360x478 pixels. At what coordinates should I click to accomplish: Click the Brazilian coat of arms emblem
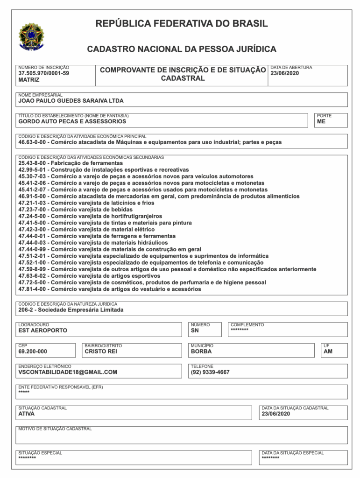31,36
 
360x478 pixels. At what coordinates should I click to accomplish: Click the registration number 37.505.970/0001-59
43,73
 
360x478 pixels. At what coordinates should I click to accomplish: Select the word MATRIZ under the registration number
29,80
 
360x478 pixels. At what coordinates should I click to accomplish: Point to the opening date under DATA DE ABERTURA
284,73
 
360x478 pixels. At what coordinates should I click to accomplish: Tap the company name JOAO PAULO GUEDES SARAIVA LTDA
71,100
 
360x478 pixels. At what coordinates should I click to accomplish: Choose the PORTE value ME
321,121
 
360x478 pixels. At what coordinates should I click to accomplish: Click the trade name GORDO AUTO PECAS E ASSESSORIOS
72,121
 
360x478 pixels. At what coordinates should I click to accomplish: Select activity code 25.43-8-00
33,163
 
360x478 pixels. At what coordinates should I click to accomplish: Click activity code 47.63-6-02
33,276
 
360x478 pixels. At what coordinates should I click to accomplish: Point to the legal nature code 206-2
26,309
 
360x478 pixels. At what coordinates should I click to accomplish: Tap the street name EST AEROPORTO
42,330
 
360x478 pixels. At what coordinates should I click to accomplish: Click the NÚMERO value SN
195,330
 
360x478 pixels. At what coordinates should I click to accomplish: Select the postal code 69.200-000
33,351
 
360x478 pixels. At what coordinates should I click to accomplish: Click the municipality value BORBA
201,351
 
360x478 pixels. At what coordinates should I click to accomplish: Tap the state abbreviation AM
328,351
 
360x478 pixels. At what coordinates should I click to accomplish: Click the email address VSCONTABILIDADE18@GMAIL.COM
67,372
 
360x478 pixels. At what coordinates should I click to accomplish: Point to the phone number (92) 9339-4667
210,372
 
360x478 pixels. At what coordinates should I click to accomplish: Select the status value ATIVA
26,414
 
